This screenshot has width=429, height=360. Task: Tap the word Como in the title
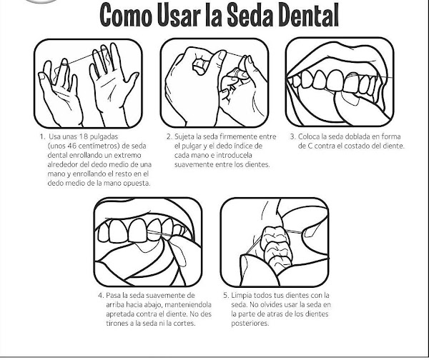tap(126, 15)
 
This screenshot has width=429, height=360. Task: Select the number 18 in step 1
tap(83, 136)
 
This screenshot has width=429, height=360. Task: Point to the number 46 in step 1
tap(72, 146)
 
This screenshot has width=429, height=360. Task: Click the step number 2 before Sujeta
tap(169, 136)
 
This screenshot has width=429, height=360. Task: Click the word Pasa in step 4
tap(114, 295)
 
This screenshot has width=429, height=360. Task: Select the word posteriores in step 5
tap(250, 324)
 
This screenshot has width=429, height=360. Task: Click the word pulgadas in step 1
tap(104, 136)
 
